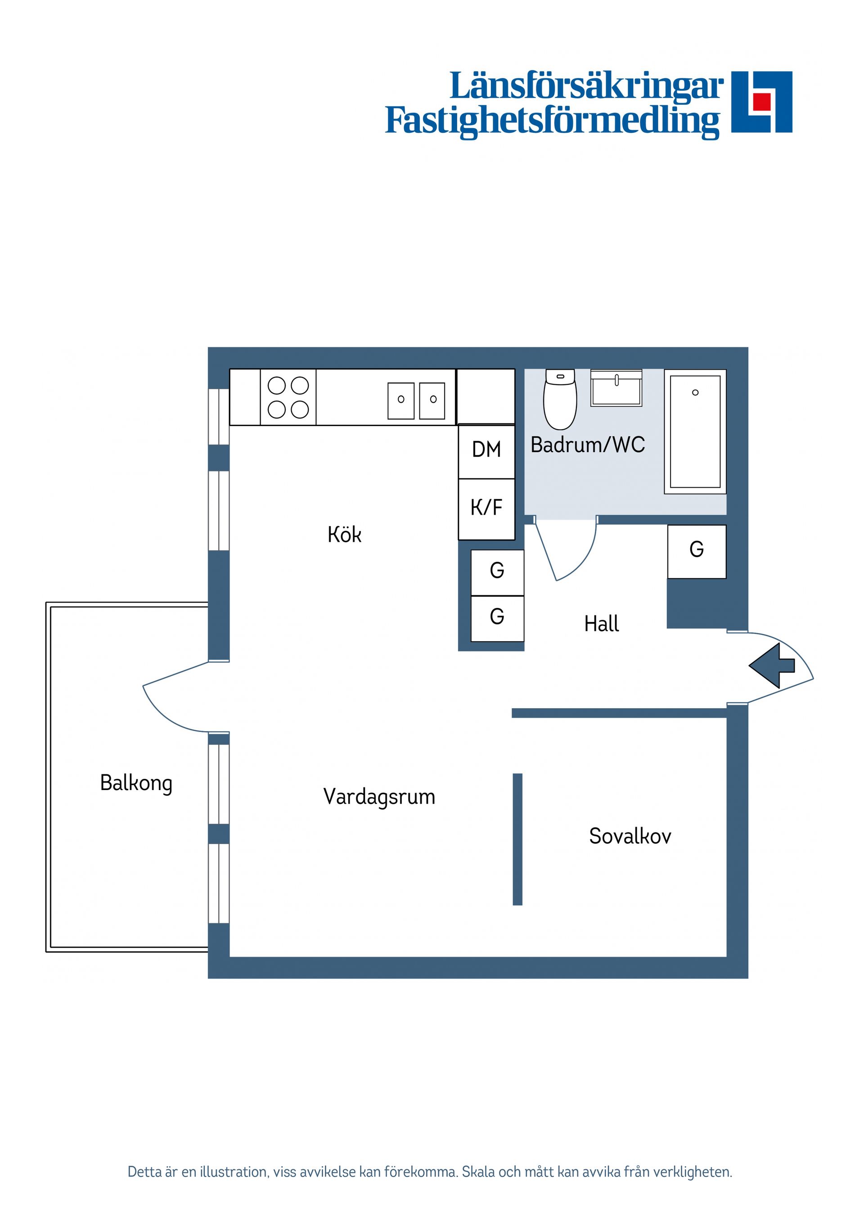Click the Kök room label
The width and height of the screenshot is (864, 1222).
tap(344, 535)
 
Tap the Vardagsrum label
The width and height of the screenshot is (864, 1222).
tap(379, 797)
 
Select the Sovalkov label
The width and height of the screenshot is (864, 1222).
tap(630, 836)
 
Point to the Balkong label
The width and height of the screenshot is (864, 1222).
tap(136, 783)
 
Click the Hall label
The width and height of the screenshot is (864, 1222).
tap(602, 624)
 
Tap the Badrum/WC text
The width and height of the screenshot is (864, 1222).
tap(588, 445)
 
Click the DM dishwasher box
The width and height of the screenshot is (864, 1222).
tap(486, 450)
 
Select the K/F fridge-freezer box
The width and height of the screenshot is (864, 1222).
tap(486, 508)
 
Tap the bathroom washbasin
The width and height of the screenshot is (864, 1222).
tap(616, 389)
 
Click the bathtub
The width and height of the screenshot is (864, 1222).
tap(695, 431)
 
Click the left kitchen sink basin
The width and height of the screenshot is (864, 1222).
tap(401, 401)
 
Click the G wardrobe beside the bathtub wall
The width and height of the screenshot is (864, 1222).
tap(696, 551)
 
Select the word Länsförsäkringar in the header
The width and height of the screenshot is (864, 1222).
tap(586, 87)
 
